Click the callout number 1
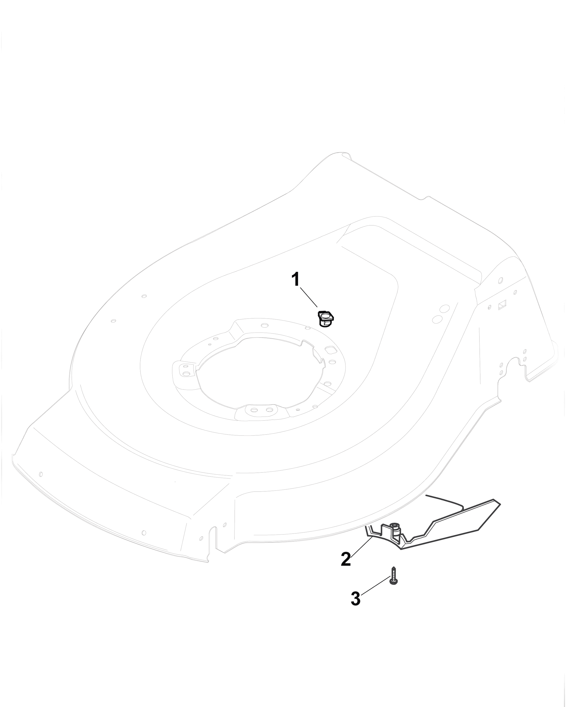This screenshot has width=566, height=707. pos(295,280)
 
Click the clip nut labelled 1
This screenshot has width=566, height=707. pos(325,318)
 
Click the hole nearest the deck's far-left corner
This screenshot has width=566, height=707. pos(41,474)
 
